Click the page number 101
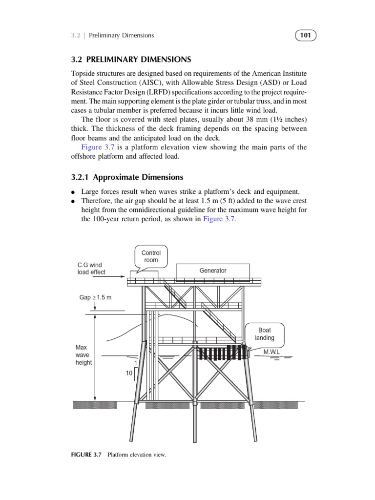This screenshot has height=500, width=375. pos(306,35)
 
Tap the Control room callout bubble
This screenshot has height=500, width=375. pos(151,256)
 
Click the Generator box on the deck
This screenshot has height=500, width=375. pos(213,271)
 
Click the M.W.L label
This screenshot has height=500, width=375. pos(271,352)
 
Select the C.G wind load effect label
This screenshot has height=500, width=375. pos(91,269)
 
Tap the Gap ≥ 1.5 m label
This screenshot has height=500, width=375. pos(95,297)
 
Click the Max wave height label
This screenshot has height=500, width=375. pos(83,355)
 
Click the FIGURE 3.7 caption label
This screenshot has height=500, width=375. pos(86,455)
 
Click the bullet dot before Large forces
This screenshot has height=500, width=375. pos(73,192)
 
